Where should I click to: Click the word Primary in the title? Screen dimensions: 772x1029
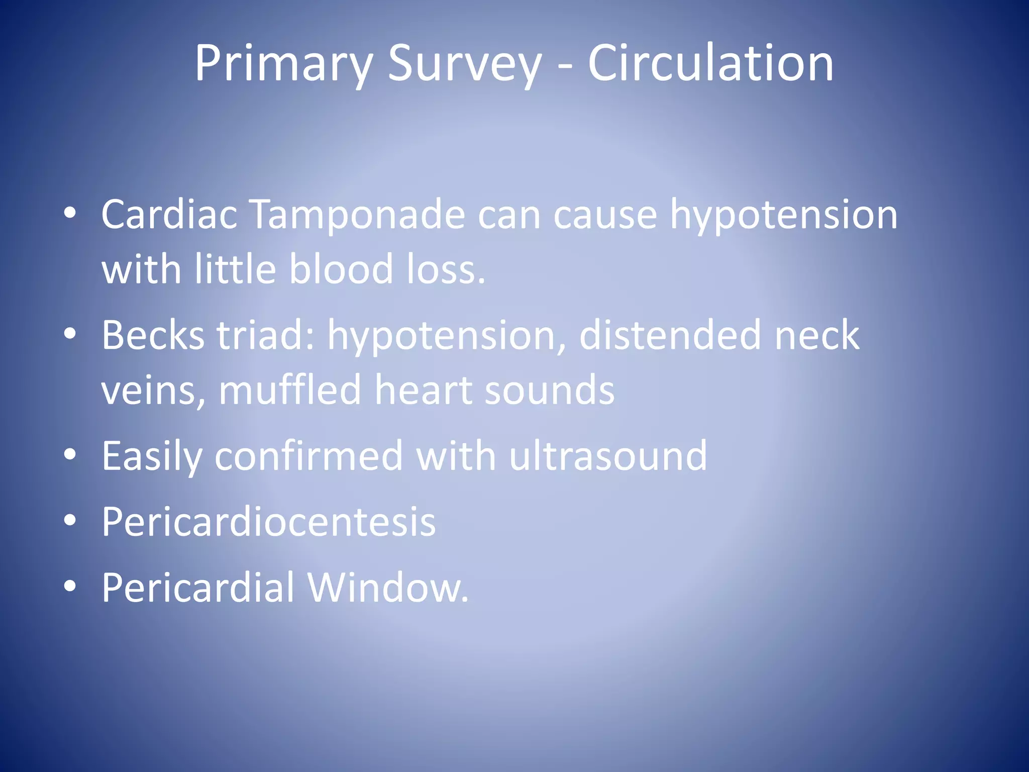[283, 64]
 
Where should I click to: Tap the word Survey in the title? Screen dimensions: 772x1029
[465, 64]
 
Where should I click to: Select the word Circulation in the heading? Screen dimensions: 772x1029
[710, 63]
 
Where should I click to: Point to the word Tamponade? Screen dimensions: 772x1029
[357, 215]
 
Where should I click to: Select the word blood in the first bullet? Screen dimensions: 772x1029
[341, 269]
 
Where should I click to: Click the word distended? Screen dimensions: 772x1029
[670, 336]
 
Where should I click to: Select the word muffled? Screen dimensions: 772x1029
[290, 390]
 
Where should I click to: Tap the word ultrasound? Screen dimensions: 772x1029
[608, 456]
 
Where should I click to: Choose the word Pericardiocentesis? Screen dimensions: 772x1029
[269, 523]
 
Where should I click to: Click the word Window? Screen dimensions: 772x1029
[388, 588]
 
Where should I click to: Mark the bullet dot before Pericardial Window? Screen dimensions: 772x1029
[70, 586]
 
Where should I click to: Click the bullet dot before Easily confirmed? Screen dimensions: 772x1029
[70, 454]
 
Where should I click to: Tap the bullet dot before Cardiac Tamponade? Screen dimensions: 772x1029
[70, 213]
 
